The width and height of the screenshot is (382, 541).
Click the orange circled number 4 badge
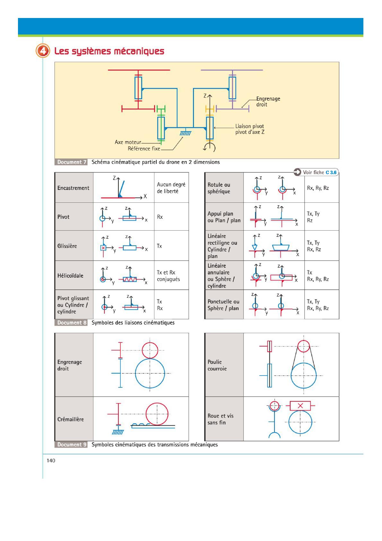[x=43, y=51]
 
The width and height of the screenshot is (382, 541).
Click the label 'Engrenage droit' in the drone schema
[x=268, y=102]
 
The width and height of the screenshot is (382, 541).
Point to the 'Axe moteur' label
[x=128, y=142]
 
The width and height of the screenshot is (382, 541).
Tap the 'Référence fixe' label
[x=144, y=148]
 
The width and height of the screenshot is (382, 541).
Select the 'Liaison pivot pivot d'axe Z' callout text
[x=250, y=129]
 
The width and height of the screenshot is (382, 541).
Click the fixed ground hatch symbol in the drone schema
[x=185, y=132]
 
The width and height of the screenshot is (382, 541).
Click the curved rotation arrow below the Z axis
[x=210, y=147]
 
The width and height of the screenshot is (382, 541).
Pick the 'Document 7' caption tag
[x=72, y=162]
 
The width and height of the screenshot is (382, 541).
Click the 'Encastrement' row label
[x=73, y=188]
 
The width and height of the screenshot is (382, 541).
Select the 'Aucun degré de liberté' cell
[x=171, y=188]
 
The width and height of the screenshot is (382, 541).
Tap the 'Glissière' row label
[x=67, y=246]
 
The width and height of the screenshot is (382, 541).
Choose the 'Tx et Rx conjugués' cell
[x=168, y=276]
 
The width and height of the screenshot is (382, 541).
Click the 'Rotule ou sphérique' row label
[x=219, y=188]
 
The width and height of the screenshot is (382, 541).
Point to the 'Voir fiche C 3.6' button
[x=316, y=173]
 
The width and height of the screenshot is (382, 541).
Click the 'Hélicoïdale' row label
[x=70, y=276]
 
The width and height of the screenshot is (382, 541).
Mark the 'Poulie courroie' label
[x=217, y=365]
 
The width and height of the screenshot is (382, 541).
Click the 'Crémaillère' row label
[x=70, y=419]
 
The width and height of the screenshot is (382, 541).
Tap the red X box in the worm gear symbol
[x=300, y=406]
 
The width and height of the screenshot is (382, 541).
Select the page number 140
[x=51, y=460]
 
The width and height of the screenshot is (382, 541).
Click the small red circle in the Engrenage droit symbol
[x=150, y=350]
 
